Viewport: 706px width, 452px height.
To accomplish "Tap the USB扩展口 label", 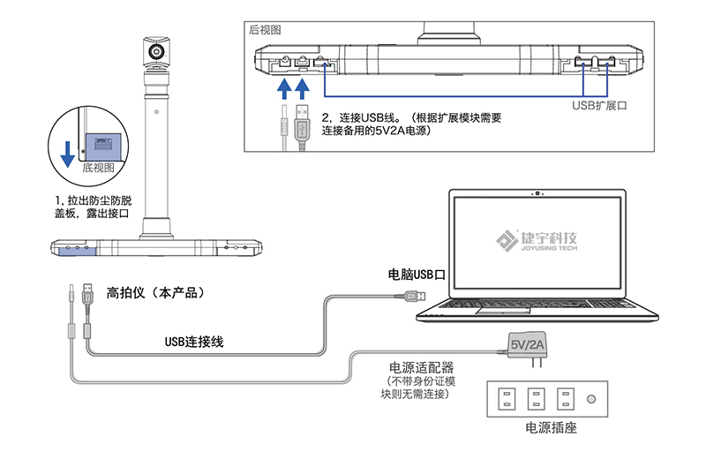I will [599, 104].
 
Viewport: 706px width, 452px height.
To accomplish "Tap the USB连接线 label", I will [193, 340].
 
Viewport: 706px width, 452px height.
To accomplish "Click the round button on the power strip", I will [591, 398].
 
